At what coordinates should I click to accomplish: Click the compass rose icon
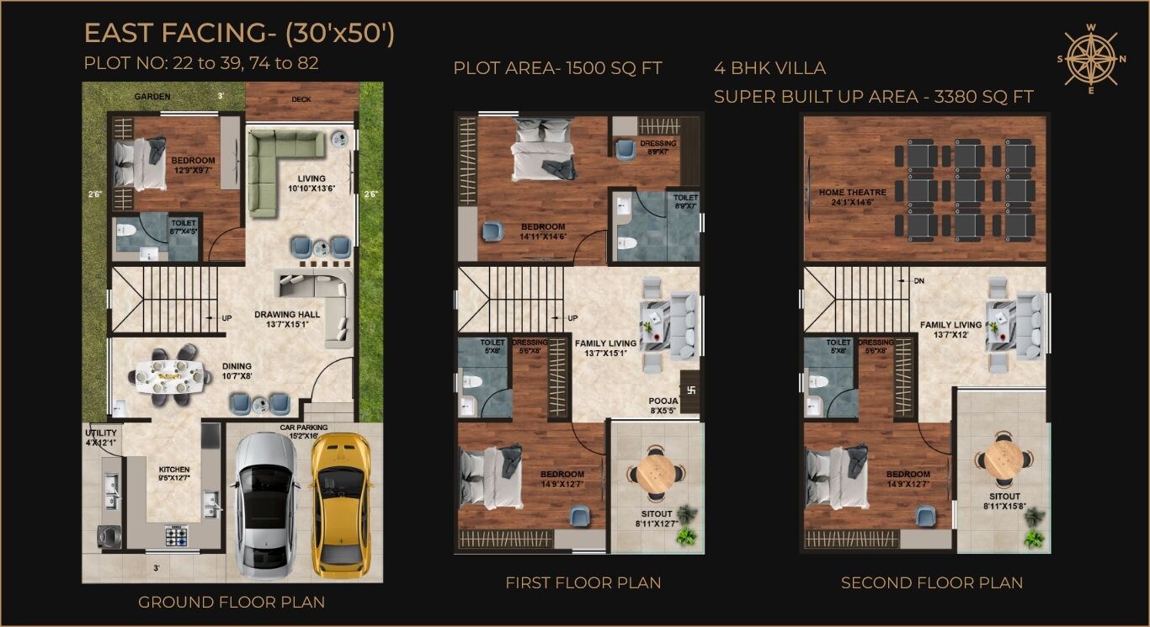pyautogui.click(x=1091, y=58)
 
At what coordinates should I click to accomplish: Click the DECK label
pyautogui.click(x=301, y=99)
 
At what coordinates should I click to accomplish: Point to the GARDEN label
pyautogui.click(x=152, y=97)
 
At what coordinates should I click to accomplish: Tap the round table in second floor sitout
pyautogui.click(x=1004, y=460)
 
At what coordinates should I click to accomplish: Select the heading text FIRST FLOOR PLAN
pyautogui.click(x=583, y=582)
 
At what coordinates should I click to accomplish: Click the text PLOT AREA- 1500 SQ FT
pyautogui.click(x=557, y=68)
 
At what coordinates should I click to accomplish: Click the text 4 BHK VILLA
pyautogui.click(x=769, y=68)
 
